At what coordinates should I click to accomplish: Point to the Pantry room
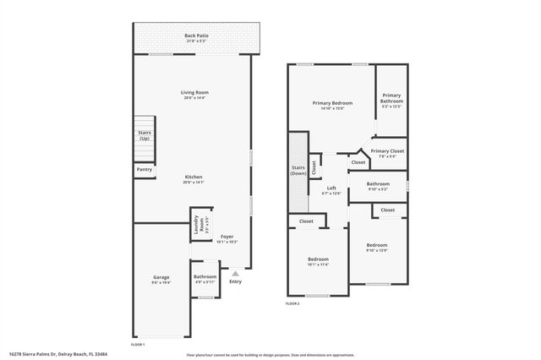click(x=144, y=170)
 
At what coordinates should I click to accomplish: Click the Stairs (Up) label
click(x=144, y=135)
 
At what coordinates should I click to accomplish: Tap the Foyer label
click(x=227, y=238)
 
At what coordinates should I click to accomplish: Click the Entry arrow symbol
click(x=235, y=273)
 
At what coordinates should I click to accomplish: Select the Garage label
click(x=161, y=280)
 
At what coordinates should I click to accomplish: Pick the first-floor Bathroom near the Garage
click(x=205, y=279)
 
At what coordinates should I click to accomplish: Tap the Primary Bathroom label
click(x=391, y=101)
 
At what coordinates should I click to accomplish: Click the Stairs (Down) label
click(x=298, y=170)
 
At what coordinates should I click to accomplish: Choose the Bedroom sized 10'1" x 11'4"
click(x=318, y=261)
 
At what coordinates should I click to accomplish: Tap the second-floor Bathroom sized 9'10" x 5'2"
click(x=378, y=186)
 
